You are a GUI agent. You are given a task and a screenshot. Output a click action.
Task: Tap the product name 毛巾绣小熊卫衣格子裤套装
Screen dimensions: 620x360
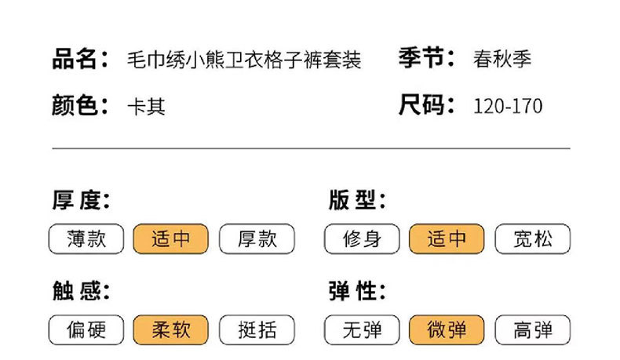pyautogui.click(x=244, y=60)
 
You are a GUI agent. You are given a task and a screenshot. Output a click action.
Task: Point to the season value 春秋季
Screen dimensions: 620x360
pyautogui.click(x=502, y=60)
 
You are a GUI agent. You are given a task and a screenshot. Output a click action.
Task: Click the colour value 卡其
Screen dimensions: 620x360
pyautogui.click(x=146, y=106)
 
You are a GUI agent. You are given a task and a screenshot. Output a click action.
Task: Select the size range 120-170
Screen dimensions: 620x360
pyautogui.click(x=508, y=106)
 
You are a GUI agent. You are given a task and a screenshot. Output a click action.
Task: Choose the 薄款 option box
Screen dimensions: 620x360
pyautogui.click(x=86, y=239)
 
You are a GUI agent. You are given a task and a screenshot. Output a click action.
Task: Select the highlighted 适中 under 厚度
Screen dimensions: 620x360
pyautogui.click(x=171, y=239)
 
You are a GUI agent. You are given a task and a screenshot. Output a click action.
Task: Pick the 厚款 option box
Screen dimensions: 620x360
pyautogui.click(x=257, y=239)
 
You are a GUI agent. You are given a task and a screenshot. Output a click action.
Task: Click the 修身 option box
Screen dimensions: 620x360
pyautogui.click(x=362, y=239)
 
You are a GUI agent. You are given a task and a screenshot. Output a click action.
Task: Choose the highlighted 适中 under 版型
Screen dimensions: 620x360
pyautogui.click(x=447, y=239)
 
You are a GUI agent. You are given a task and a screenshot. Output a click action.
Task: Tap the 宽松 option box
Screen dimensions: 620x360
pyautogui.click(x=533, y=239)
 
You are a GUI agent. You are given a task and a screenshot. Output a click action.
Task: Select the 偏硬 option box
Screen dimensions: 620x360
pyautogui.click(x=86, y=330)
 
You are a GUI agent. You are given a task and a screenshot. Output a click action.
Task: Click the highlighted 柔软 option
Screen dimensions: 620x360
pyautogui.click(x=171, y=330)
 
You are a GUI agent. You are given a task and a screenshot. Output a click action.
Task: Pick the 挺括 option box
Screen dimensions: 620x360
pyautogui.click(x=257, y=330)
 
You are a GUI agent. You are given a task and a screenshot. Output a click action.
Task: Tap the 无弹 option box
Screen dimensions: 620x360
pyautogui.click(x=362, y=330)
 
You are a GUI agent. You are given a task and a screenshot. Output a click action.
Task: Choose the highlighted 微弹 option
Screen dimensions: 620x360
pyautogui.click(x=447, y=330)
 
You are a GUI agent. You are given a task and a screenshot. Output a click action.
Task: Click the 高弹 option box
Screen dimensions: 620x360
pyautogui.click(x=533, y=330)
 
